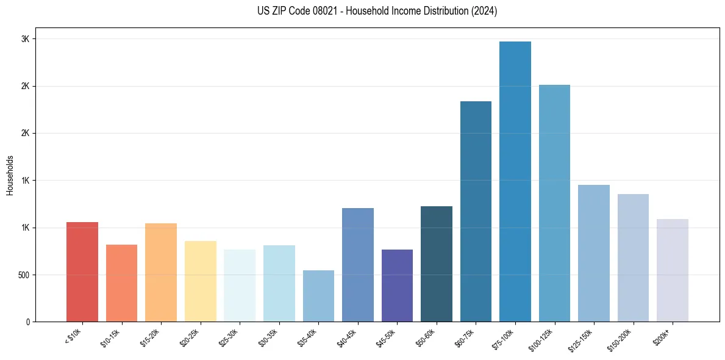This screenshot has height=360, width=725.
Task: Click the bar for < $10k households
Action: click(82, 272)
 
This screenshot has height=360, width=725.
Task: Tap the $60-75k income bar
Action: click(476, 211)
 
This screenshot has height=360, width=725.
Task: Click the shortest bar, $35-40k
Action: click(318, 296)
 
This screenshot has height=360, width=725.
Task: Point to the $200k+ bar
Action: click(673, 270)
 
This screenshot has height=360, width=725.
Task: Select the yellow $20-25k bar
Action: click(201, 281)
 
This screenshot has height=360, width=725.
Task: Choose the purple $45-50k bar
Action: click(397, 286)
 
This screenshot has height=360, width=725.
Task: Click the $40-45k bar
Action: click(358, 265)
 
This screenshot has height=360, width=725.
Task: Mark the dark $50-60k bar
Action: click(437, 264)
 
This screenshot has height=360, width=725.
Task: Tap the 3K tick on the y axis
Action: click(25, 39)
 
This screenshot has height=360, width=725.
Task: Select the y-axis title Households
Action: click(10, 175)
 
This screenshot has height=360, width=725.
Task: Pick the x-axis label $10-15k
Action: click(110, 339)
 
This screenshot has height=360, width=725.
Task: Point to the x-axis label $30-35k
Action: click(268, 339)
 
